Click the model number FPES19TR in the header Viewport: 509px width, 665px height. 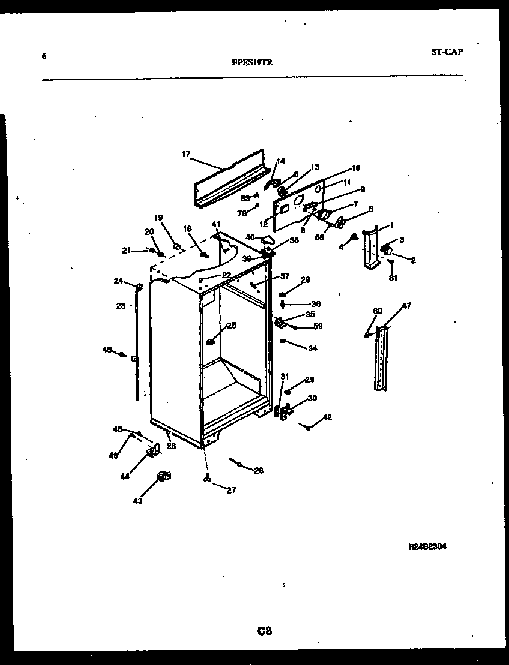point(251,61)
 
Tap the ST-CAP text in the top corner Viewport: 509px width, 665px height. point(447,52)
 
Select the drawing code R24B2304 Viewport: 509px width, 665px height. point(427,547)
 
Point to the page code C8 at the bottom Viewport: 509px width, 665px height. point(264,630)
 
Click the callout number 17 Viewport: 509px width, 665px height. point(185,154)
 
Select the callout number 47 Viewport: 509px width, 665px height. point(406,306)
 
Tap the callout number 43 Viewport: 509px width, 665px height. point(138,501)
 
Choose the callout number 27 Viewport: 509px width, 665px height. point(231,490)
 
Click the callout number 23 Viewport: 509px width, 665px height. point(120,305)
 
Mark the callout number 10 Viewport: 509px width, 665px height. point(355,168)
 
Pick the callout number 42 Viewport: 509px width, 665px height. point(327,417)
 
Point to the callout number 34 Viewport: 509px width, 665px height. point(312,348)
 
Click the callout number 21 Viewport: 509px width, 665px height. point(127,250)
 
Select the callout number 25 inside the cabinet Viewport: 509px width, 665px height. point(231,326)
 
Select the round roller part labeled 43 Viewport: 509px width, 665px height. point(163,476)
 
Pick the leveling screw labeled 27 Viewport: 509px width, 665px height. point(206,478)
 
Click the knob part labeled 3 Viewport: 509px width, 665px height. point(387,249)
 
